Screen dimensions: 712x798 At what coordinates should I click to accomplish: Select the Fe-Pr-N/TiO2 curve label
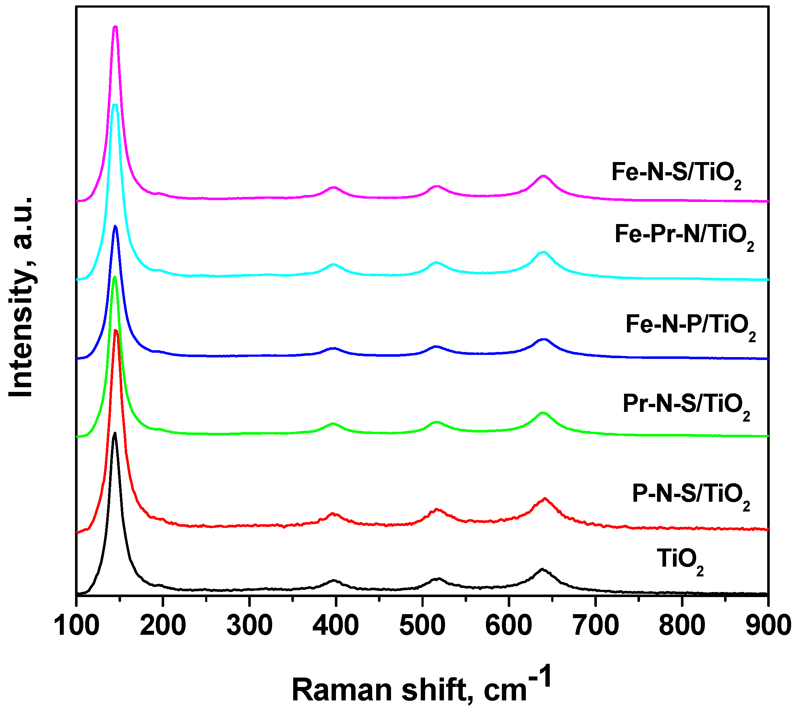point(684,236)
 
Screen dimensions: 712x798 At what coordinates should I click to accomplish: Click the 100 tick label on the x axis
point(76,626)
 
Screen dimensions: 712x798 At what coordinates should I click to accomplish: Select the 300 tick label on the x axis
point(249,626)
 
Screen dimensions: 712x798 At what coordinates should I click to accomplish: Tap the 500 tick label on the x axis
point(422,626)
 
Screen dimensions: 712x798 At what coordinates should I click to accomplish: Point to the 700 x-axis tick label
point(595,626)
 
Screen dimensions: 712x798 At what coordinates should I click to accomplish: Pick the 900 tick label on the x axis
point(768,626)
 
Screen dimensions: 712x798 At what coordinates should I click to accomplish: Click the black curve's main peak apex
point(115,433)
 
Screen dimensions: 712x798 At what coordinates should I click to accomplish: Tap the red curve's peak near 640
point(544,499)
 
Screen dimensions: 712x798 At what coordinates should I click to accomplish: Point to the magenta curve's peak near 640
point(543,176)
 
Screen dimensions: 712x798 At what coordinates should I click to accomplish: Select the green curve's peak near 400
point(333,424)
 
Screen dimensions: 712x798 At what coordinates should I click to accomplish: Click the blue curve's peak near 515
point(437,347)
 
